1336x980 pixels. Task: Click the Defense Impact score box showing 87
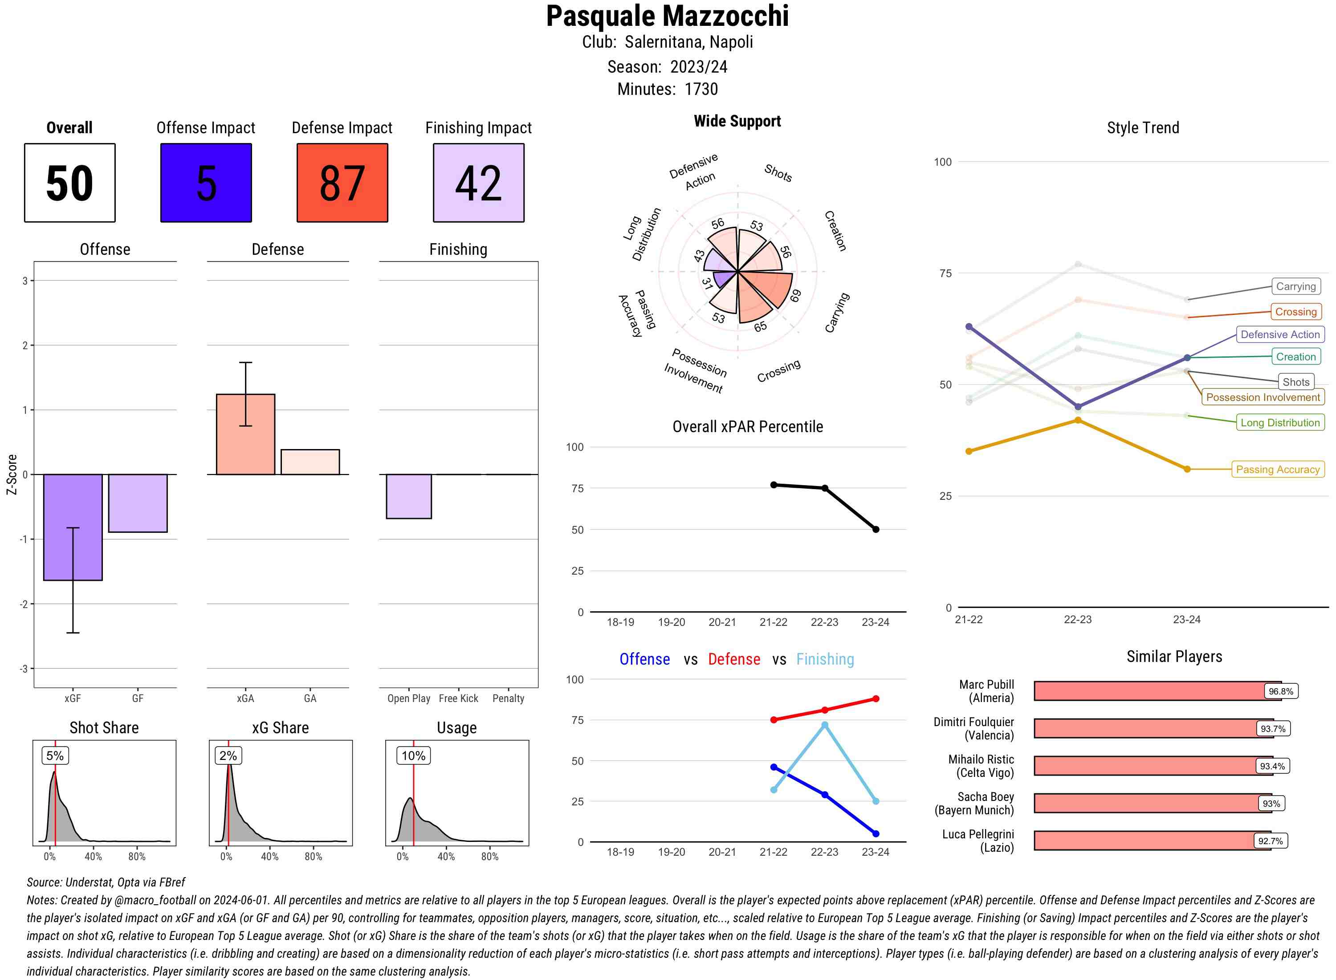coord(342,183)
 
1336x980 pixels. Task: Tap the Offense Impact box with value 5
coord(206,183)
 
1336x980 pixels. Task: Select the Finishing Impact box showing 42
coord(479,183)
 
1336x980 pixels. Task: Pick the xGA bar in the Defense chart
coord(245,434)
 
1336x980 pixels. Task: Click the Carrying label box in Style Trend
coord(1295,286)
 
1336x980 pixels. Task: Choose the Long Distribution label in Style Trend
coord(1280,422)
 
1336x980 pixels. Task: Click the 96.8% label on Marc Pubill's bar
coord(1280,691)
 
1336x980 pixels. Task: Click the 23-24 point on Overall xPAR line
coord(876,529)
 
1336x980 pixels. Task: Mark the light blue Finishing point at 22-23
coord(825,725)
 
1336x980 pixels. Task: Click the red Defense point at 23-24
coord(876,699)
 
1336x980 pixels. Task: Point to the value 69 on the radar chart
coord(795,295)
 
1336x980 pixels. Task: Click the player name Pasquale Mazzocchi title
coord(667,16)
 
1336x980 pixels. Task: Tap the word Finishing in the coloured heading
coord(825,659)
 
